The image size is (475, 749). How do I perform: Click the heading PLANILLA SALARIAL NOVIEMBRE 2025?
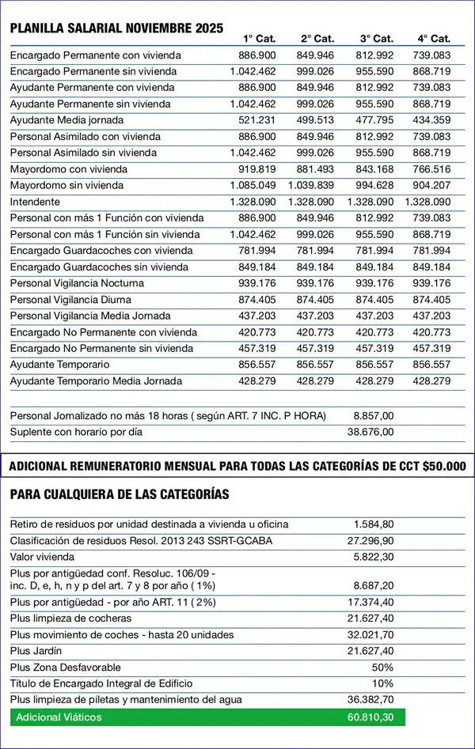tap(116, 28)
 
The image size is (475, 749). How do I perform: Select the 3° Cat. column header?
tap(376, 39)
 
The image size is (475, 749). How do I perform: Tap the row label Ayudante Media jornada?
tap(66, 119)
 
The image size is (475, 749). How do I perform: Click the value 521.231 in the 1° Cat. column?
tap(259, 119)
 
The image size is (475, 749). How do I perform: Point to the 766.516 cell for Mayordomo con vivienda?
tap(431, 168)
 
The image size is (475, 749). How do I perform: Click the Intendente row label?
tap(35, 202)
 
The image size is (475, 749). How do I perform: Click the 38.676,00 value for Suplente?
tap(370, 432)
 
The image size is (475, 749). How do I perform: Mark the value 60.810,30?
tap(370, 717)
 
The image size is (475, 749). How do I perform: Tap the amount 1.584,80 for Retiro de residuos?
tap(374, 524)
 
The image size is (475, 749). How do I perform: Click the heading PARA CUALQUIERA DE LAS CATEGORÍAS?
tap(120, 494)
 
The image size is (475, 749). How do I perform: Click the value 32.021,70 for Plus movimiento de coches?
tap(370, 634)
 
